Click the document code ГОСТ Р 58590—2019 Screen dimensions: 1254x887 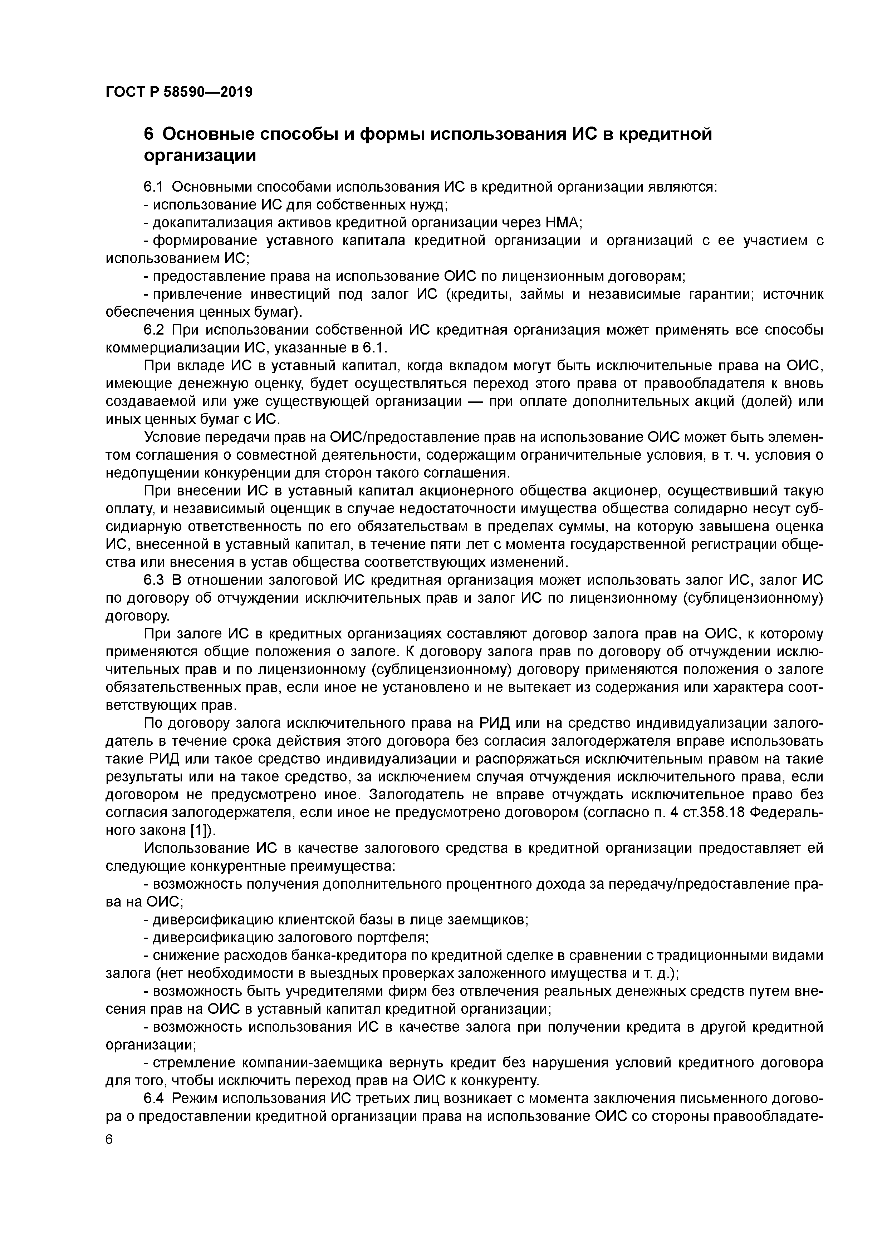179,92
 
